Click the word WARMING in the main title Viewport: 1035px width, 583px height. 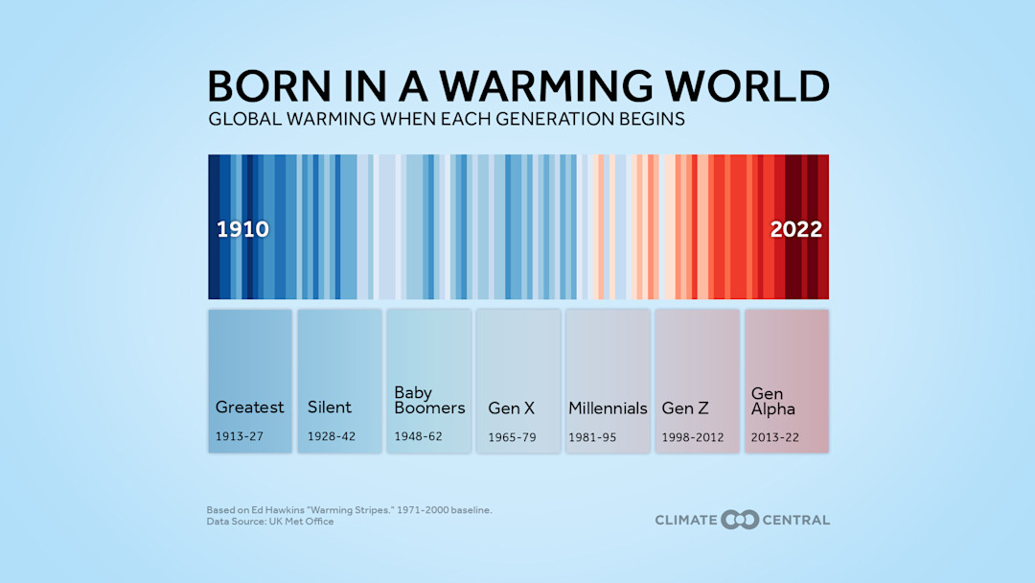[557, 85]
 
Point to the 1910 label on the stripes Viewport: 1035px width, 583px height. [243, 229]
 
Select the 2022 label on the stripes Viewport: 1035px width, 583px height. [796, 229]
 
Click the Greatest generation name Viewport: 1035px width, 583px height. [249, 407]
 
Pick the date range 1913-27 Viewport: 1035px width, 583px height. [239, 437]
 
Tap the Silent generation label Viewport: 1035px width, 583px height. [330, 407]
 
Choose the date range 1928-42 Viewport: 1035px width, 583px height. [332, 437]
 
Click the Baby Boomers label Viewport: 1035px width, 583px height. [429, 400]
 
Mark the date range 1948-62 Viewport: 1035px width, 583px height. [419, 437]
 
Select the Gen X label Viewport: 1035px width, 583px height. [511, 408]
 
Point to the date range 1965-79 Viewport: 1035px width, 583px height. [512, 437]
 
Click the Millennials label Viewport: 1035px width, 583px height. [608, 408]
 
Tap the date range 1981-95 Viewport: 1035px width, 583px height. [592, 437]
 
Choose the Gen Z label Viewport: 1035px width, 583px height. [684, 408]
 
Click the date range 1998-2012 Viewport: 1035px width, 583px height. [692, 437]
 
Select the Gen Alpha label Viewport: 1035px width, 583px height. [772, 401]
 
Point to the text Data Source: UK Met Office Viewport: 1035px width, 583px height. [270, 522]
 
